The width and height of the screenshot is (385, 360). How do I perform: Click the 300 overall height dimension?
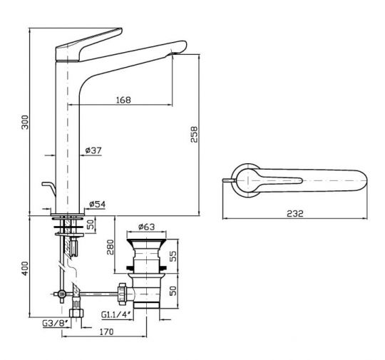pos(25,122)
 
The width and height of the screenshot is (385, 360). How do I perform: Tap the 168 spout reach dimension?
pos(123,100)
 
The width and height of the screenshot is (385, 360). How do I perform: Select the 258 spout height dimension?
pos(194,134)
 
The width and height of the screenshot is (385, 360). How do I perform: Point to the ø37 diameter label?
pos(93,150)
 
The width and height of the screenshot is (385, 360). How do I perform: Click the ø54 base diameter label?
pos(97,204)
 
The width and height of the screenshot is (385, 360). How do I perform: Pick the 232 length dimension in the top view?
pos(295,213)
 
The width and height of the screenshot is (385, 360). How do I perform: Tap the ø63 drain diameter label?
pos(147,227)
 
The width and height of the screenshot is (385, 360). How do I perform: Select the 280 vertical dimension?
pos(111,247)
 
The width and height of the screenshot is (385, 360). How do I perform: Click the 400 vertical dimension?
pos(25,269)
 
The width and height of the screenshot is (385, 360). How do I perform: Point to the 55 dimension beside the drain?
pos(173,256)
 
